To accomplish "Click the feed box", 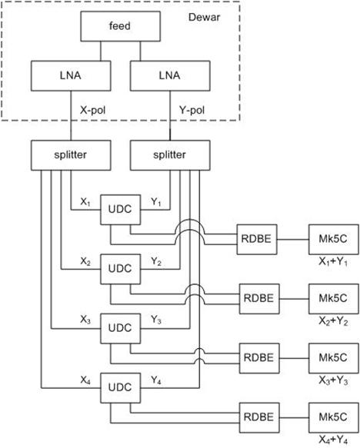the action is pos(120,26).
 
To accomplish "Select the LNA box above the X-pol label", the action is pos(71,76).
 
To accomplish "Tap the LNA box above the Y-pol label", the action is pos(170,76).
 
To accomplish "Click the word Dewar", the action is pos(204,17).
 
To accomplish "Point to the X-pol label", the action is pos(92,110).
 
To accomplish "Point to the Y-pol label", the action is pos(192,110).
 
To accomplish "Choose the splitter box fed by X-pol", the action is pos(71,155).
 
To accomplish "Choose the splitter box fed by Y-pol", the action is pos(170,155).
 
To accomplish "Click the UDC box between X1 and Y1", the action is pos(120,210).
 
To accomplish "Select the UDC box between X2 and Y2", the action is pos(120,269).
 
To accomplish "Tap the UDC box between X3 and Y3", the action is pos(120,328).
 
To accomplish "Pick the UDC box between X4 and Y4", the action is pos(120,388).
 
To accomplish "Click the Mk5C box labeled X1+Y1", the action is pos(333,239).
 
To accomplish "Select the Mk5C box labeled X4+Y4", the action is pos(333,417).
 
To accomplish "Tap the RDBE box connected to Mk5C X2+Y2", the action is pos(259,299).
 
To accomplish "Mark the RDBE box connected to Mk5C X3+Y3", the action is pos(259,358).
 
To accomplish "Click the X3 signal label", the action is pos(85,320).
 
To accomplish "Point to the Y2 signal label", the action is pos(156,261).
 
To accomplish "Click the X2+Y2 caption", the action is pos(333,321).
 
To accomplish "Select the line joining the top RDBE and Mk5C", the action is pos(293,240).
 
